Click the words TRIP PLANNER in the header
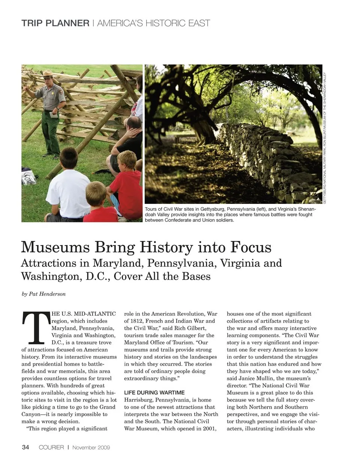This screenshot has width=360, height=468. tap(55, 23)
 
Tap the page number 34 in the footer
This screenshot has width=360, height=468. tap(25, 447)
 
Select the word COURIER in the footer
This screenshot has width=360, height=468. tap(51, 447)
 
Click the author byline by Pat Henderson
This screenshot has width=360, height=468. tap(43, 294)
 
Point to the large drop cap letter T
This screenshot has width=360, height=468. tap(36, 328)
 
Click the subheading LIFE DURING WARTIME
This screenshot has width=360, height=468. tap(154, 393)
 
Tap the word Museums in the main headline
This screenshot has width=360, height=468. tap(55, 247)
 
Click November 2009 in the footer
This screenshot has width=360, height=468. tap(91, 447)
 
